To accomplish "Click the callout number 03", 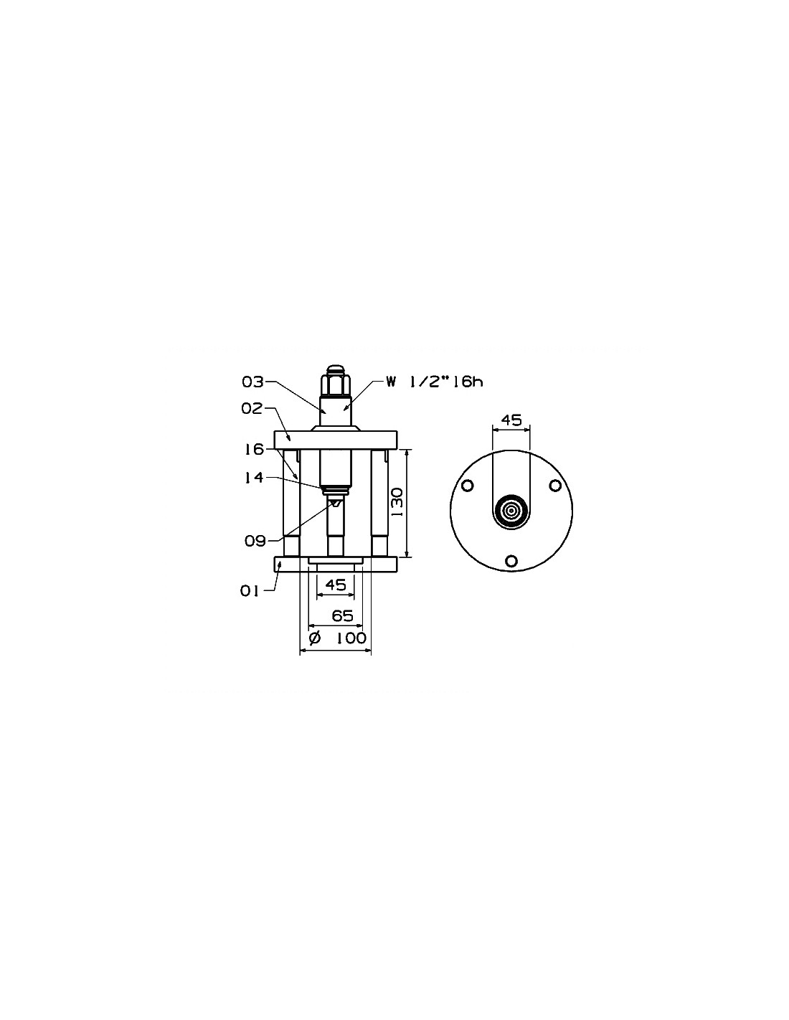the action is pyautogui.click(x=252, y=382).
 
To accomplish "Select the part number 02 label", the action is pyautogui.click(x=252, y=408).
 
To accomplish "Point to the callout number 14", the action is pyautogui.click(x=253, y=478).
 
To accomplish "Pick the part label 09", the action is pyautogui.click(x=255, y=542).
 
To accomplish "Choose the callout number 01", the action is pyautogui.click(x=250, y=591).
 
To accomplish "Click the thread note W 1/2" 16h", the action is pyautogui.click(x=435, y=382).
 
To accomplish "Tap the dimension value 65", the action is pyautogui.click(x=342, y=615).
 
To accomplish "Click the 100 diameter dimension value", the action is pyautogui.click(x=351, y=638).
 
